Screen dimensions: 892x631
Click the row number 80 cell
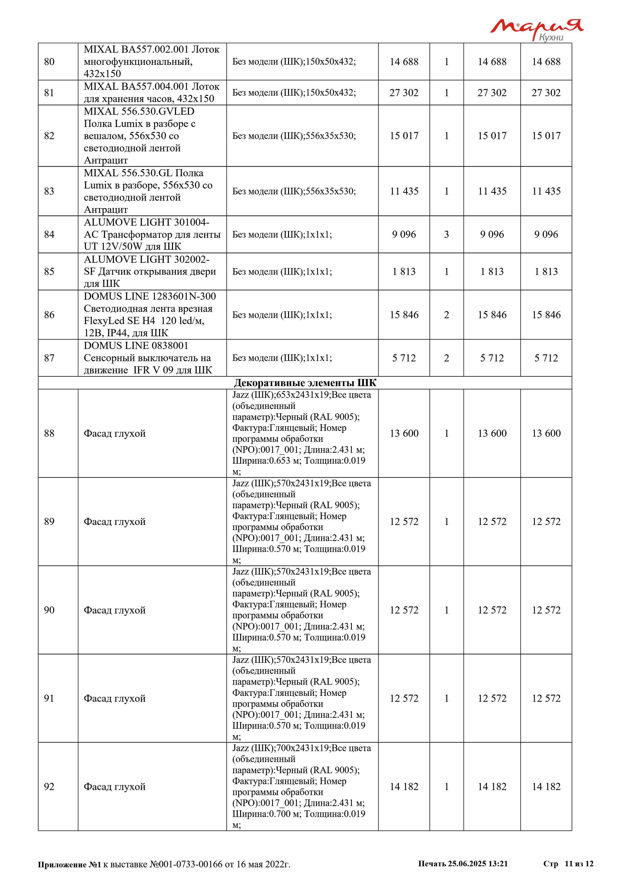(49, 62)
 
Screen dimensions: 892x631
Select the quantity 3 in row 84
(447, 234)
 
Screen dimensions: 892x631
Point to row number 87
(49, 358)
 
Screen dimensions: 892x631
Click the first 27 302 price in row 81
(404, 93)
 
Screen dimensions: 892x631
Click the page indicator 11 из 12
(579, 864)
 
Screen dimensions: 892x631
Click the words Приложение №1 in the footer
(69, 865)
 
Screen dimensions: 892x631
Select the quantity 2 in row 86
(447, 315)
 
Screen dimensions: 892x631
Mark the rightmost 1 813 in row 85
(546, 272)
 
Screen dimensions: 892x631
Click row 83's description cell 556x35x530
(294, 191)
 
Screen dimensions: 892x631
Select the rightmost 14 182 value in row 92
(546, 786)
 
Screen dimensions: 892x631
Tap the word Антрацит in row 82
(106, 160)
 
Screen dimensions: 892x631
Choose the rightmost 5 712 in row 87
(546, 358)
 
